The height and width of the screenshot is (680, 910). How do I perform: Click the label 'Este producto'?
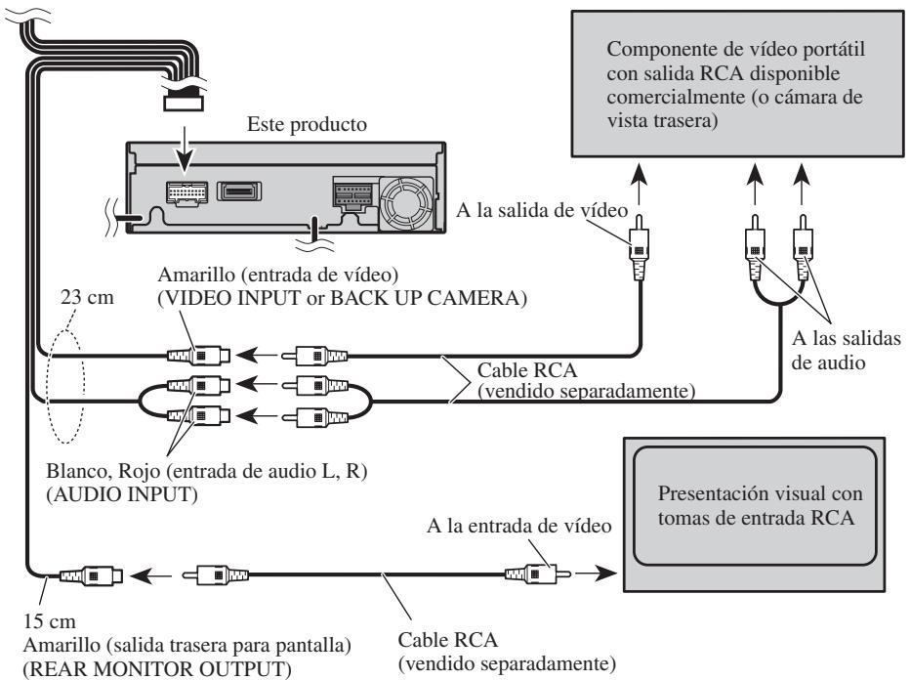pos(307,124)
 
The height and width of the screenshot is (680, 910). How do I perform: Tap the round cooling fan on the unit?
pos(405,202)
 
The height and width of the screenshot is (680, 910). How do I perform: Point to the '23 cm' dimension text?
pos(87,297)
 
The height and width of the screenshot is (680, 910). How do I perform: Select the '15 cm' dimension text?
pos(50,621)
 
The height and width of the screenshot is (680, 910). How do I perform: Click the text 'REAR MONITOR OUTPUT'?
pos(157,669)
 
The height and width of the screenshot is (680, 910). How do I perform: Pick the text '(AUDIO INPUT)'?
pos(122,494)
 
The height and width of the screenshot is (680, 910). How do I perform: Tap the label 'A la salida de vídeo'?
pos(542,210)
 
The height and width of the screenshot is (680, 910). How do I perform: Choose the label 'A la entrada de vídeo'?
pos(518,526)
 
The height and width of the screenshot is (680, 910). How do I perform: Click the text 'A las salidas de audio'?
pos(846,350)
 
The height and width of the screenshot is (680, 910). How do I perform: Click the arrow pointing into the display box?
pos(596,574)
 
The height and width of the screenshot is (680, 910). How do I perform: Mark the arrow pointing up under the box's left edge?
pos(639,184)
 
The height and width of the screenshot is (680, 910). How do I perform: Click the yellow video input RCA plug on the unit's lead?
pos(198,356)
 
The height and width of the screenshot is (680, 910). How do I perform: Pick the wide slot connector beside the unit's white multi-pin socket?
pos(239,191)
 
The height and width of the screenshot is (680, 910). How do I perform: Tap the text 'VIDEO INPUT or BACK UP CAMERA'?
pos(343,298)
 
